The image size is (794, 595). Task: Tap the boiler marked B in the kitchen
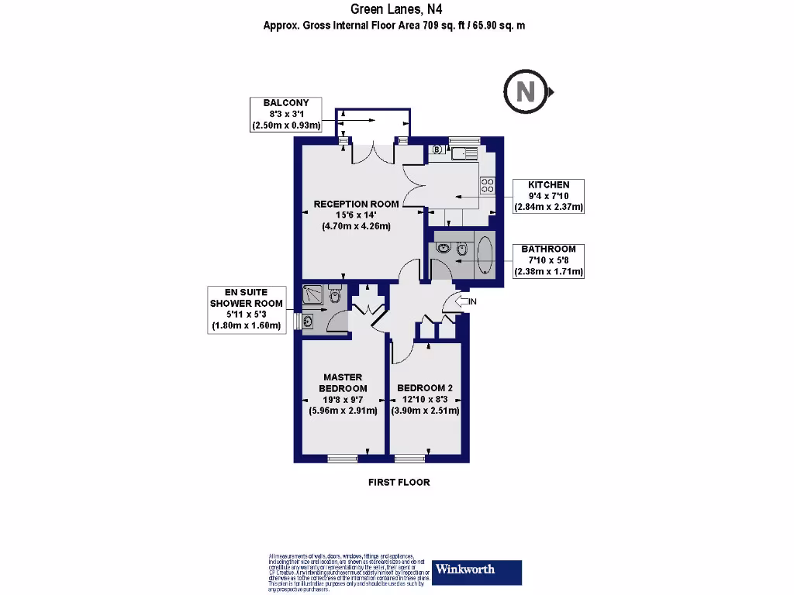click(437, 150)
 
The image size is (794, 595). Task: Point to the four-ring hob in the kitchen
click(488, 185)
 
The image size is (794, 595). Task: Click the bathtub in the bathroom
click(485, 255)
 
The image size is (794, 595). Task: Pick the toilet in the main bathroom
click(462, 249)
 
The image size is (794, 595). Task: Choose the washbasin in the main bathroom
click(443, 249)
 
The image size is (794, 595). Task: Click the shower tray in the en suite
click(314, 294)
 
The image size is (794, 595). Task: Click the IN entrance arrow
click(467, 301)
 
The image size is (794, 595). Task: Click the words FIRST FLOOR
click(399, 482)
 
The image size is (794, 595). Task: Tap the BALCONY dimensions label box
click(286, 114)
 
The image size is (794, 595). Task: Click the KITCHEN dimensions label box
click(549, 196)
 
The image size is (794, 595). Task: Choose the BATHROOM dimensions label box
click(549, 260)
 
